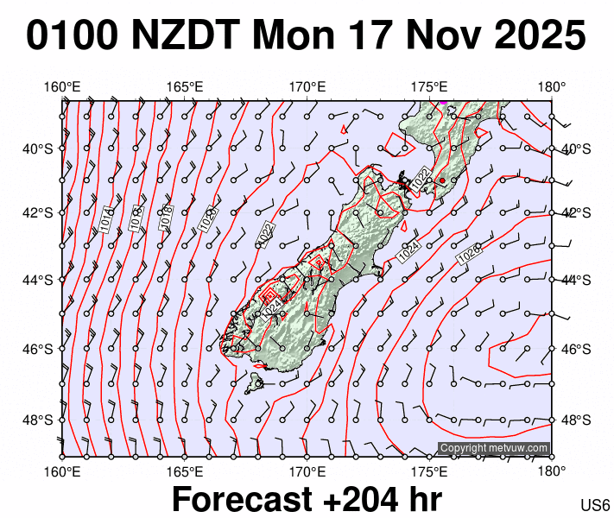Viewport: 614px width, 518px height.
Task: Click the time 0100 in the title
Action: click(72, 36)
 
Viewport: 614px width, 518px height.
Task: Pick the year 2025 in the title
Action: click(535, 36)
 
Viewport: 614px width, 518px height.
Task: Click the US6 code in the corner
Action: click(596, 505)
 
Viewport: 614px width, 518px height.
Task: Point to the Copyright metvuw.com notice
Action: click(494, 448)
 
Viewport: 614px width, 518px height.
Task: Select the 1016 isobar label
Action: click(136, 217)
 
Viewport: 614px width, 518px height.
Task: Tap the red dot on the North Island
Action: click(442, 180)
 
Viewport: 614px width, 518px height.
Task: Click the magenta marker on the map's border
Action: click(443, 101)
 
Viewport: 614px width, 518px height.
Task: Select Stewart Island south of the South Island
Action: click(256, 380)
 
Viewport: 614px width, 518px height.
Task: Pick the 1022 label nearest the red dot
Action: click(421, 180)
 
